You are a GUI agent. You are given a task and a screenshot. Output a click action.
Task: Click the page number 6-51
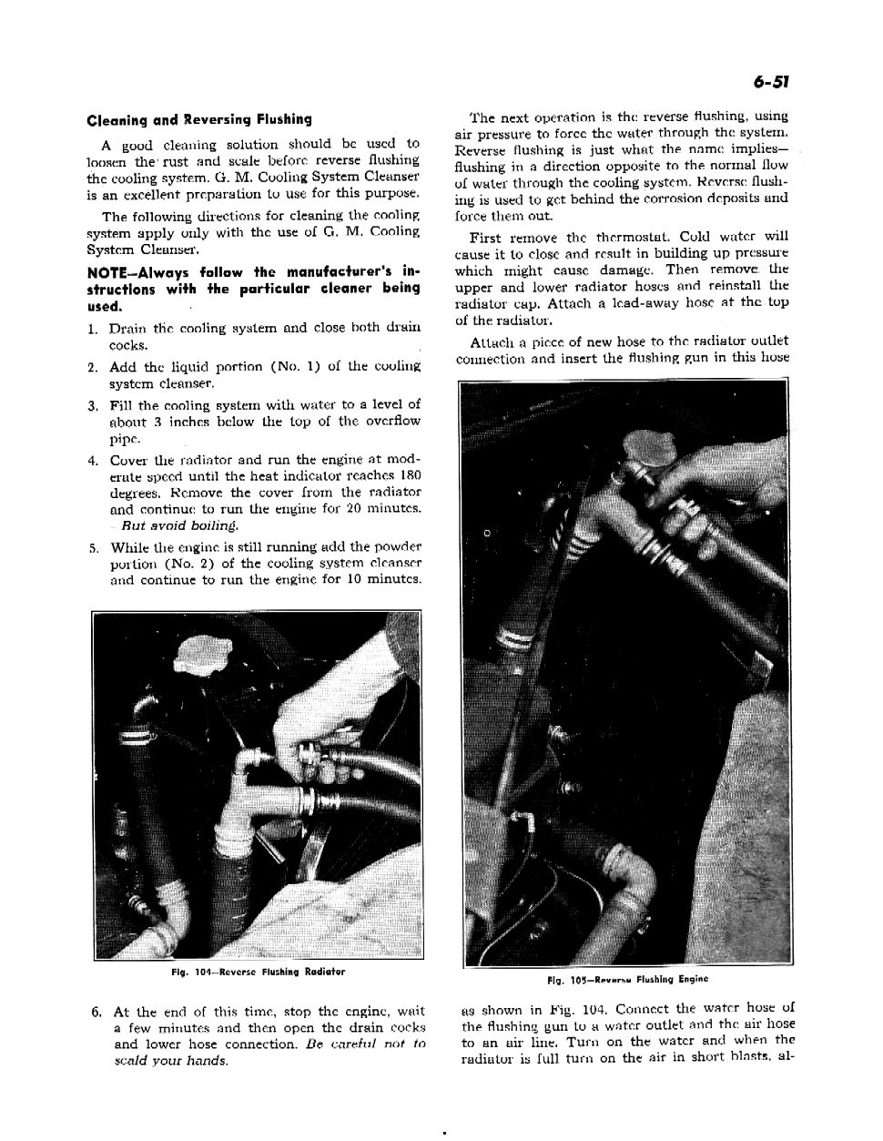click(770, 82)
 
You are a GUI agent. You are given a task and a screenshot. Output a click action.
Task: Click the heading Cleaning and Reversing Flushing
click(199, 119)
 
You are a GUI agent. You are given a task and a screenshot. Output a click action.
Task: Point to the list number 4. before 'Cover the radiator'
click(94, 460)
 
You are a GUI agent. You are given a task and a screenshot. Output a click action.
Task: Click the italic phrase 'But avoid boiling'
click(170, 525)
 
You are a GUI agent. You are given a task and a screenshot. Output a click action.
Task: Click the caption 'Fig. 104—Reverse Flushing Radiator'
click(259, 972)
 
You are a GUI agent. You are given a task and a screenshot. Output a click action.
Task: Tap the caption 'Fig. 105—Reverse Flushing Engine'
click(627, 979)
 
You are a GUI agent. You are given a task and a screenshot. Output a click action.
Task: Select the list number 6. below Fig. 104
click(96, 1012)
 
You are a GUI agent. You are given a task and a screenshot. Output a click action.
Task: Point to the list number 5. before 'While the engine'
click(94, 548)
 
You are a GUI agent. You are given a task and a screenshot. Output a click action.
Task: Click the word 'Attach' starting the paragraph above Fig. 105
click(492, 341)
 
